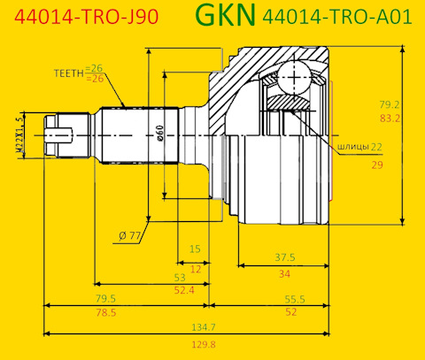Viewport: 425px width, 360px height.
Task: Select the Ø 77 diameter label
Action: (129, 235)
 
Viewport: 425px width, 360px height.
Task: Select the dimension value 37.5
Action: (283, 257)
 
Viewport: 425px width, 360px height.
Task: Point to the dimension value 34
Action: (283, 274)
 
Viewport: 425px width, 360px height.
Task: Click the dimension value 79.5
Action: (106, 298)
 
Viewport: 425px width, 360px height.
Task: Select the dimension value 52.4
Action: (184, 289)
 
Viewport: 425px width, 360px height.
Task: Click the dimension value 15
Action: (195, 249)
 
